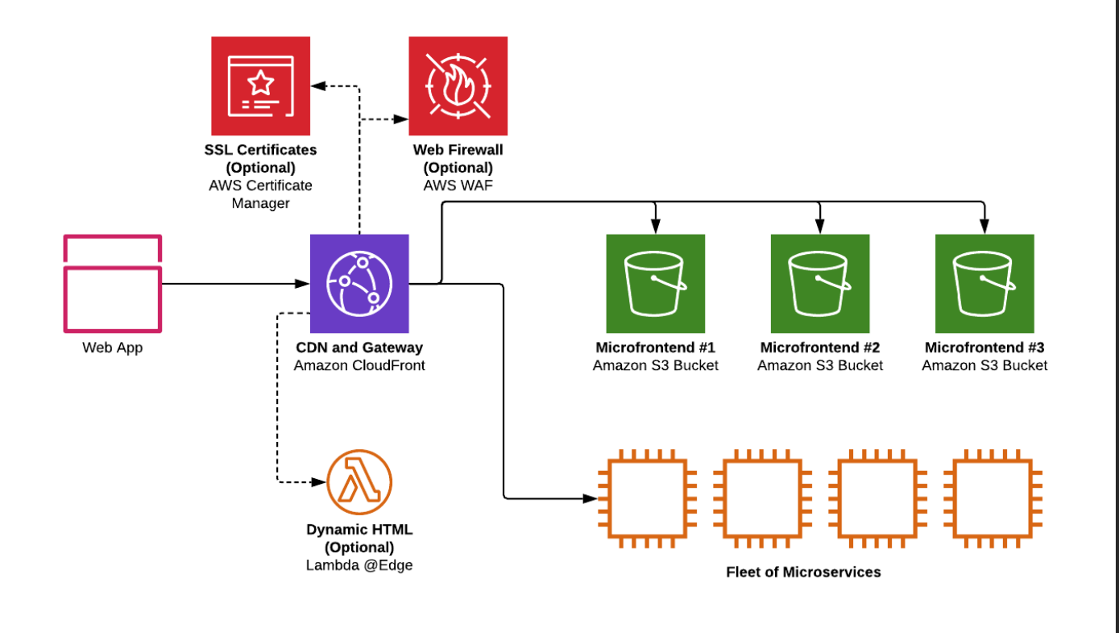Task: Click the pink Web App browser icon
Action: (x=113, y=283)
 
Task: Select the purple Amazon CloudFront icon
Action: (x=359, y=284)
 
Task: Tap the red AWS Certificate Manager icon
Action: (x=260, y=85)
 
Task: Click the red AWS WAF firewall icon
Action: (x=458, y=85)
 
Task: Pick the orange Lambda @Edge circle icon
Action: (x=359, y=482)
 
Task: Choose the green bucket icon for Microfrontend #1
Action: (x=655, y=284)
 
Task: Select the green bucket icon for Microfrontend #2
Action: (x=820, y=284)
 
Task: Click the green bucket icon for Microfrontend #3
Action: (x=984, y=284)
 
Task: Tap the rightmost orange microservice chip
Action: (x=993, y=498)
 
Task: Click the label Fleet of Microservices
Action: (x=803, y=573)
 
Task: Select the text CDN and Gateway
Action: (x=359, y=348)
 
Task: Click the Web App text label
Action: (x=113, y=348)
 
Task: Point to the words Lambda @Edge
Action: (x=359, y=565)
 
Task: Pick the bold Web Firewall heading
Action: (x=458, y=150)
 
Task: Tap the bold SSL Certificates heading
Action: (x=260, y=150)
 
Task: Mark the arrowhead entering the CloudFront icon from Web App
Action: (x=305, y=284)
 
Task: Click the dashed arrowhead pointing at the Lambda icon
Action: (x=319, y=482)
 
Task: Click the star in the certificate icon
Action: (x=259, y=81)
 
